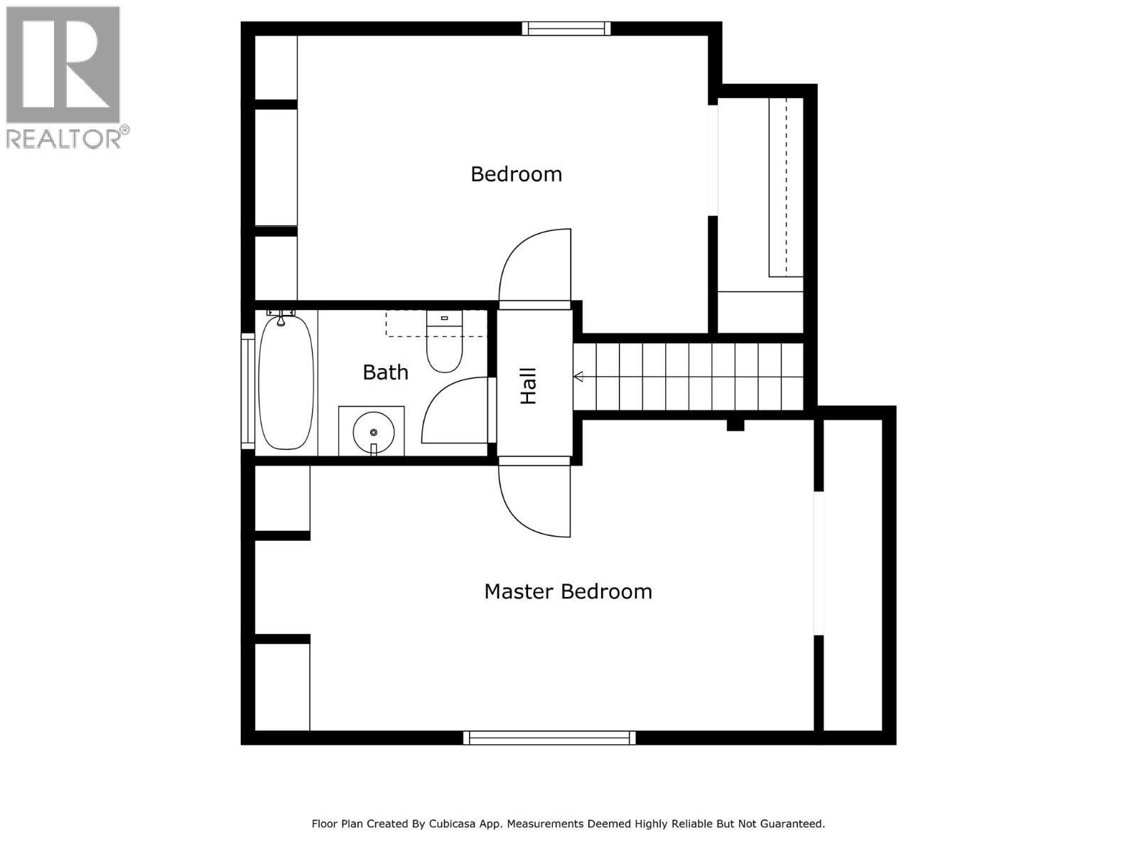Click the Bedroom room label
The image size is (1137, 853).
click(x=516, y=174)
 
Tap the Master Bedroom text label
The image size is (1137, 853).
click(x=568, y=591)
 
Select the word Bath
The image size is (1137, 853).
click(x=385, y=372)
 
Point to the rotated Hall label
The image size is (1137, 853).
click(x=529, y=386)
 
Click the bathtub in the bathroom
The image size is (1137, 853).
click(x=286, y=384)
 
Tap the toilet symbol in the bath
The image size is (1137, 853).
click(x=444, y=344)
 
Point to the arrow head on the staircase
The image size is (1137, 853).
click(x=578, y=377)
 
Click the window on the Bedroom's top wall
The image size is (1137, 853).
click(x=566, y=28)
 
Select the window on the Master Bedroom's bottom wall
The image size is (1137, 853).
click(x=549, y=738)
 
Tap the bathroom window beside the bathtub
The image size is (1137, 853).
click(x=247, y=390)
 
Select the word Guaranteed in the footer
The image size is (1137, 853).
click(x=792, y=824)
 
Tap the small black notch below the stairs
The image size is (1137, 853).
click(x=735, y=425)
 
